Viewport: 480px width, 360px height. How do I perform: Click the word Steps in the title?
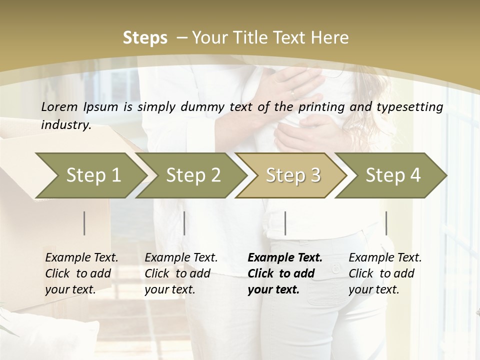[145, 38]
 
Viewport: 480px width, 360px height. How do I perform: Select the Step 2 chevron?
[193, 175]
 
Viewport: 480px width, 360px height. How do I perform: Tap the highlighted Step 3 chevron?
[293, 175]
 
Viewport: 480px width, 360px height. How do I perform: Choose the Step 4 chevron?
[393, 175]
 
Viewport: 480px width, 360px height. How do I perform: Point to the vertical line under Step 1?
[84, 223]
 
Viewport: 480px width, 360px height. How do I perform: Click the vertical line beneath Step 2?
[184, 223]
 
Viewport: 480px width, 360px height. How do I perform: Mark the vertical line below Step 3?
[285, 223]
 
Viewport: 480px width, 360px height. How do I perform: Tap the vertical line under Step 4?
[386, 223]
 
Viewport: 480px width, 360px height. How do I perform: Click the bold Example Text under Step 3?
[285, 273]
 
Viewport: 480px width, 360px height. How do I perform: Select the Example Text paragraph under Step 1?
[81, 273]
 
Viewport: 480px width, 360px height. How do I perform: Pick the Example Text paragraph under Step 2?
[181, 273]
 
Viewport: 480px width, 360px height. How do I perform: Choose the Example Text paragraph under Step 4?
[385, 273]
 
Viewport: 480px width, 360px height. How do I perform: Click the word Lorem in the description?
[59, 106]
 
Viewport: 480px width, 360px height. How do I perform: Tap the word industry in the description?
[65, 124]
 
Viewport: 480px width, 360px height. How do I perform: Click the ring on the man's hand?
[293, 93]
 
